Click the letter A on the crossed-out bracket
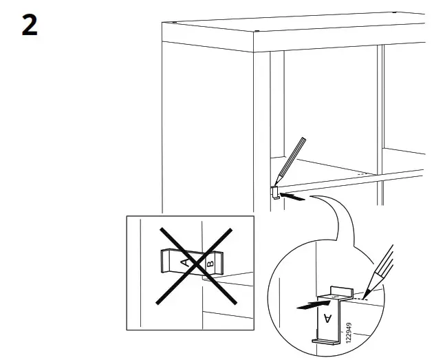pos(184,262)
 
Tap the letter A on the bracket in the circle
pos(327,317)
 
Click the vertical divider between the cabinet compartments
pos(380,124)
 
